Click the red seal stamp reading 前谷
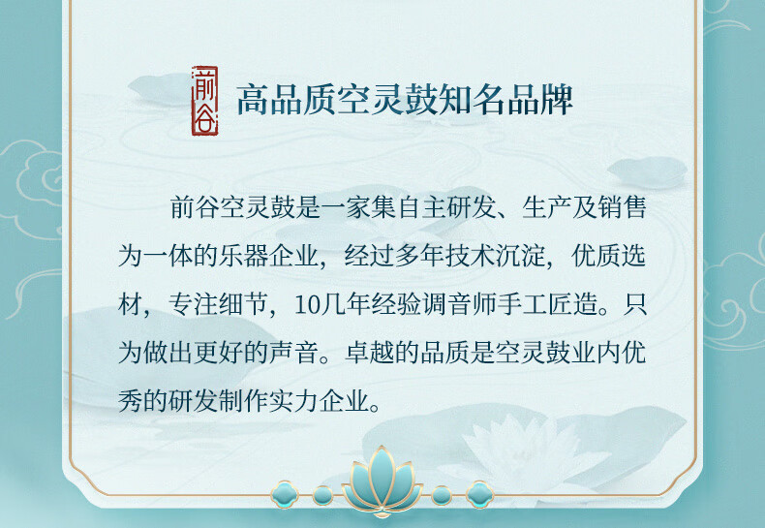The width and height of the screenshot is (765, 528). click(x=205, y=101)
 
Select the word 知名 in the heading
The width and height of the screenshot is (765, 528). click(x=472, y=101)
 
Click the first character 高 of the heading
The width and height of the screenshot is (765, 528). click(x=253, y=101)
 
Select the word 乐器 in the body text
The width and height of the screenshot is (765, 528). click(x=244, y=256)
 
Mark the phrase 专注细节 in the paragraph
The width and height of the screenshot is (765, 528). click(x=219, y=304)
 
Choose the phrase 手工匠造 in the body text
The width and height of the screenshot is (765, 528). click(x=547, y=304)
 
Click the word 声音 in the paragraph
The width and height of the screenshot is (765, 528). click(x=294, y=353)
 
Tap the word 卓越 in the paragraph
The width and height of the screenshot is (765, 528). click(x=370, y=353)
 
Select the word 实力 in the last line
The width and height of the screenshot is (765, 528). click(x=294, y=401)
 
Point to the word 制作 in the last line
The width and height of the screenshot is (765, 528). click(x=244, y=401)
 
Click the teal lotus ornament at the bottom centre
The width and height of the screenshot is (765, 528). click(x=382, y=481)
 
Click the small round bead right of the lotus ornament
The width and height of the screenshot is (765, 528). click(x=441, y=495)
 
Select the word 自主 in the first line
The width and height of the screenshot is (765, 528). click(x=421, y=207)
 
